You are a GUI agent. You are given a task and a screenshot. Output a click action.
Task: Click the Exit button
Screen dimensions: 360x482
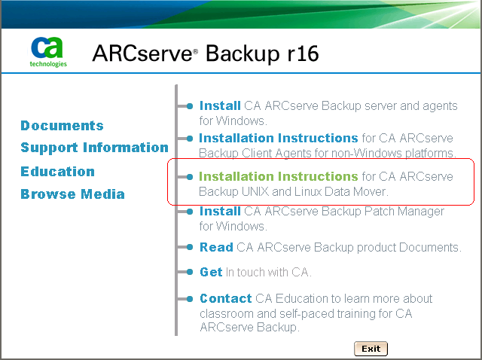[x=371, y=349]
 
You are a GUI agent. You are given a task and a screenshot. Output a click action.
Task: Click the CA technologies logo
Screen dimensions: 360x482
[x=48, y=51]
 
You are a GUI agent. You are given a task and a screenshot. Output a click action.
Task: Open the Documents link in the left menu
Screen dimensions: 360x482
[x=62, y=126]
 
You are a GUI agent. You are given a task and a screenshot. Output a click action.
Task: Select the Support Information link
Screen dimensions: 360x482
[x=94, y=148]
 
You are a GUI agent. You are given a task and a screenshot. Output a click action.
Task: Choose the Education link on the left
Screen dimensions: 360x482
[x=57, y=172]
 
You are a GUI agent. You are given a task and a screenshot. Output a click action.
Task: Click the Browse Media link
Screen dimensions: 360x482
[x=72, y=194]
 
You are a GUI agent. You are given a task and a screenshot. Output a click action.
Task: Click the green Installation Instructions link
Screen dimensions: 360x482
[x=278, y=176]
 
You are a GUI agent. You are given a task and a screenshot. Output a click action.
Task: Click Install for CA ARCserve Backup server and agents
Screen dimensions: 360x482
[x=219, y=106]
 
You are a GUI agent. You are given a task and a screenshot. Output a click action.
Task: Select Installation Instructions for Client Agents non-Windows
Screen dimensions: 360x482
[x=278, y=139]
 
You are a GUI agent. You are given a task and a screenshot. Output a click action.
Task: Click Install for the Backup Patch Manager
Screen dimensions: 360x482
[x=219, y=212]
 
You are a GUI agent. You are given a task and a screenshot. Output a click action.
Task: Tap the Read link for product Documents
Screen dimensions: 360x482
[x=216, y=247]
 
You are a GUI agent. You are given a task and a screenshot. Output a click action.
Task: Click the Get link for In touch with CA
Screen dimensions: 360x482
[x=211, y=272]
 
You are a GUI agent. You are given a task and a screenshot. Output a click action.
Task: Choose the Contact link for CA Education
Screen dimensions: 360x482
[x=225, y=298]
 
